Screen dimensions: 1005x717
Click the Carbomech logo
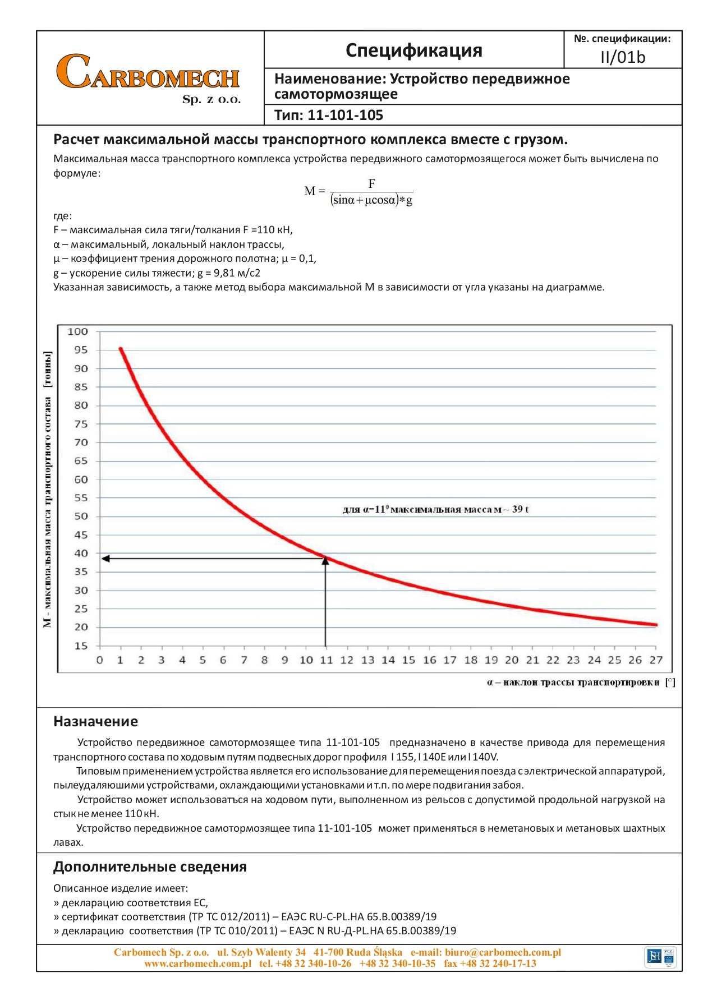coord(149,77)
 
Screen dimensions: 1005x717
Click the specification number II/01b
coord(623,57)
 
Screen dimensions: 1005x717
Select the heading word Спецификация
coord(414,50)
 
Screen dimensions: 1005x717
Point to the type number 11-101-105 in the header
coord(345,116)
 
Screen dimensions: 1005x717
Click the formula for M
coord(359,192)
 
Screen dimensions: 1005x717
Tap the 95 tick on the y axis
coord(81,350)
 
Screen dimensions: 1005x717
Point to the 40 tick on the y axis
coord(81,554)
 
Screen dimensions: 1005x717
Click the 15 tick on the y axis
coord(81,646)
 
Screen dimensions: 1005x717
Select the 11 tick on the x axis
coord(327,660)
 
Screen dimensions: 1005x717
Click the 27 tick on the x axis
coord(656,660)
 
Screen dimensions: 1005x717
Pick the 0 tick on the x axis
coord(100,660)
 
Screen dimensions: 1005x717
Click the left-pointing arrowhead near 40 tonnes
coord(105,559)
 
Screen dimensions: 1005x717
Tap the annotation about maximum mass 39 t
coord(436,509)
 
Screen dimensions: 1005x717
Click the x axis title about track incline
coord(580,683)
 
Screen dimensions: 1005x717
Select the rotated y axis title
coord(48,489)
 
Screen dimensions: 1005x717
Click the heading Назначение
coord(95,722)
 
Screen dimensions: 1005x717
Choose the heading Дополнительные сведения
coord(150,867)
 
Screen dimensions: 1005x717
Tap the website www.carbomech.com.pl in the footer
coord(197,963)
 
